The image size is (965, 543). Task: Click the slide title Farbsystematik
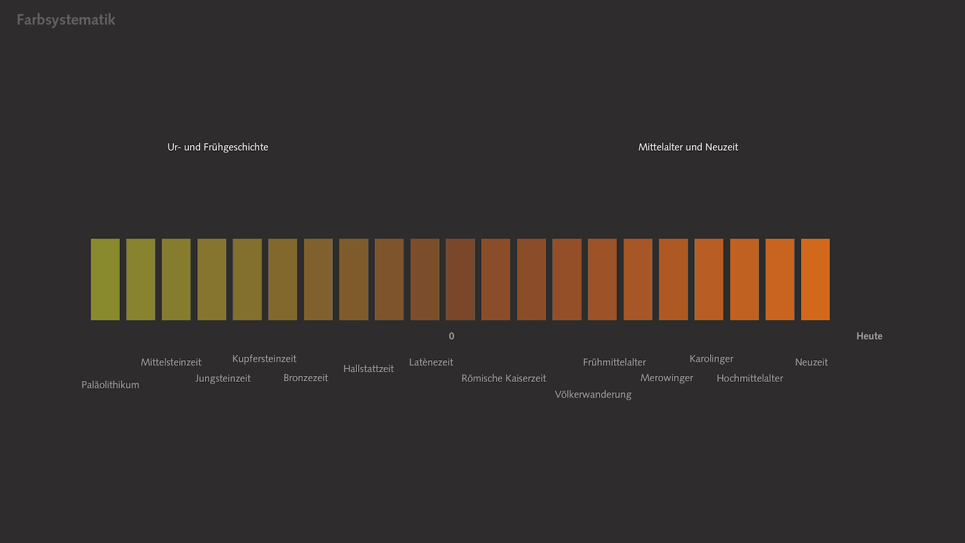pos(66,20)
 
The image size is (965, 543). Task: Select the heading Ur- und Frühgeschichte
pos(218,147)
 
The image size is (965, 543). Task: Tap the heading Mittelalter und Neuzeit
pos(688,147)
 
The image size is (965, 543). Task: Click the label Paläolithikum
pos(110,385)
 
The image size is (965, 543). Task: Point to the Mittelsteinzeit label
pos(171,362)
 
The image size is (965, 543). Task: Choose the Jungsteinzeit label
pos(223,378)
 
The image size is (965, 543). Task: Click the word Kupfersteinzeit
pos(264,358)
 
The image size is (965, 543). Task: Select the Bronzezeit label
pos(306,378)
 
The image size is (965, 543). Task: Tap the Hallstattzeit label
pos(369,369)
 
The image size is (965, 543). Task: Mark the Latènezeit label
pos(431,362)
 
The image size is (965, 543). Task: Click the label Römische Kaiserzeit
pos(504,378)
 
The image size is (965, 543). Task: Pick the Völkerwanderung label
pos(593,395)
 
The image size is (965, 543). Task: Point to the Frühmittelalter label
pos(614,362)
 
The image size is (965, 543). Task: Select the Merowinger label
pos(666,378)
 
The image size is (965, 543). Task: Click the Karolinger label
pos(711,358)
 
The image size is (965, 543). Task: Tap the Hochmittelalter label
pos(750,378)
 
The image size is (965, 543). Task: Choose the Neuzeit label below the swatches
pos(811,362)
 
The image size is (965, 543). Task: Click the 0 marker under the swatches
pos(452,336)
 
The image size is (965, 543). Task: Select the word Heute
pos(869,336)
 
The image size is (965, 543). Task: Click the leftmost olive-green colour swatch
pos(106,279)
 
